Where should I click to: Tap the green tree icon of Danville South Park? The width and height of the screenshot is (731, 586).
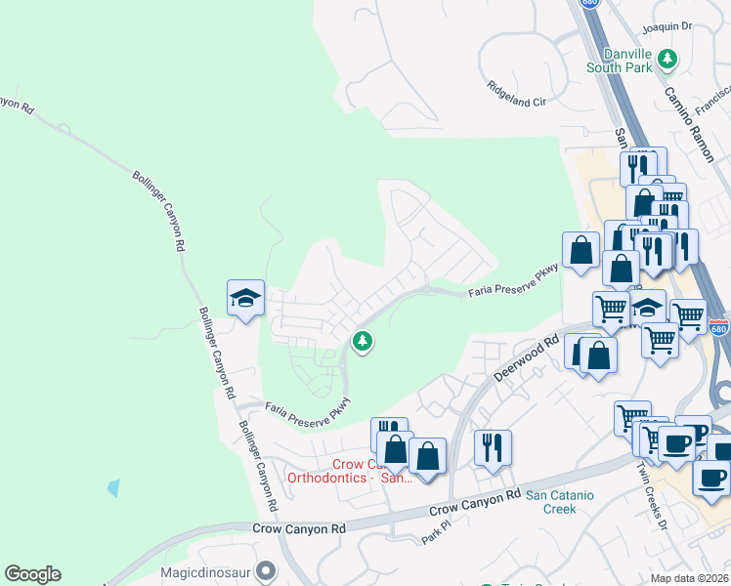(667, 59)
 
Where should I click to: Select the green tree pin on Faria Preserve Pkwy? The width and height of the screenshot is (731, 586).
(363, 341)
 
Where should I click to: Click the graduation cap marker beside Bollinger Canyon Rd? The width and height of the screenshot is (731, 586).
(246, 299)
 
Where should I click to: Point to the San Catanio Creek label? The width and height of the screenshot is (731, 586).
(560, 502)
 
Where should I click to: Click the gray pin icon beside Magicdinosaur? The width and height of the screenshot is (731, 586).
(265, 574)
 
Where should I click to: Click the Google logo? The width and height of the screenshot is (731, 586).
(32, 574)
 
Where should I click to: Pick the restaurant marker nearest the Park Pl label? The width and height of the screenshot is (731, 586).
(493, 448)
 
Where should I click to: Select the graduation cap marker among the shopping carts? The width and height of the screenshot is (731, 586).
(646, 308)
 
